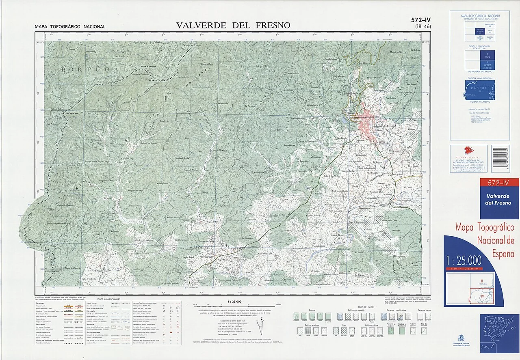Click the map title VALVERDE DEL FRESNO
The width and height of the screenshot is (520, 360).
tap(233, 25)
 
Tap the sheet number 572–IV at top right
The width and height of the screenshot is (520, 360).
tap(420, 19)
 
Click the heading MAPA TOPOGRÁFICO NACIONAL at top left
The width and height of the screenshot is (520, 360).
tap(70, 27)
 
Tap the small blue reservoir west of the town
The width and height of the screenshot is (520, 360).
tap(345, 121)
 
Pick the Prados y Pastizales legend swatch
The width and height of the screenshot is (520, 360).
tap(402, 331)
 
